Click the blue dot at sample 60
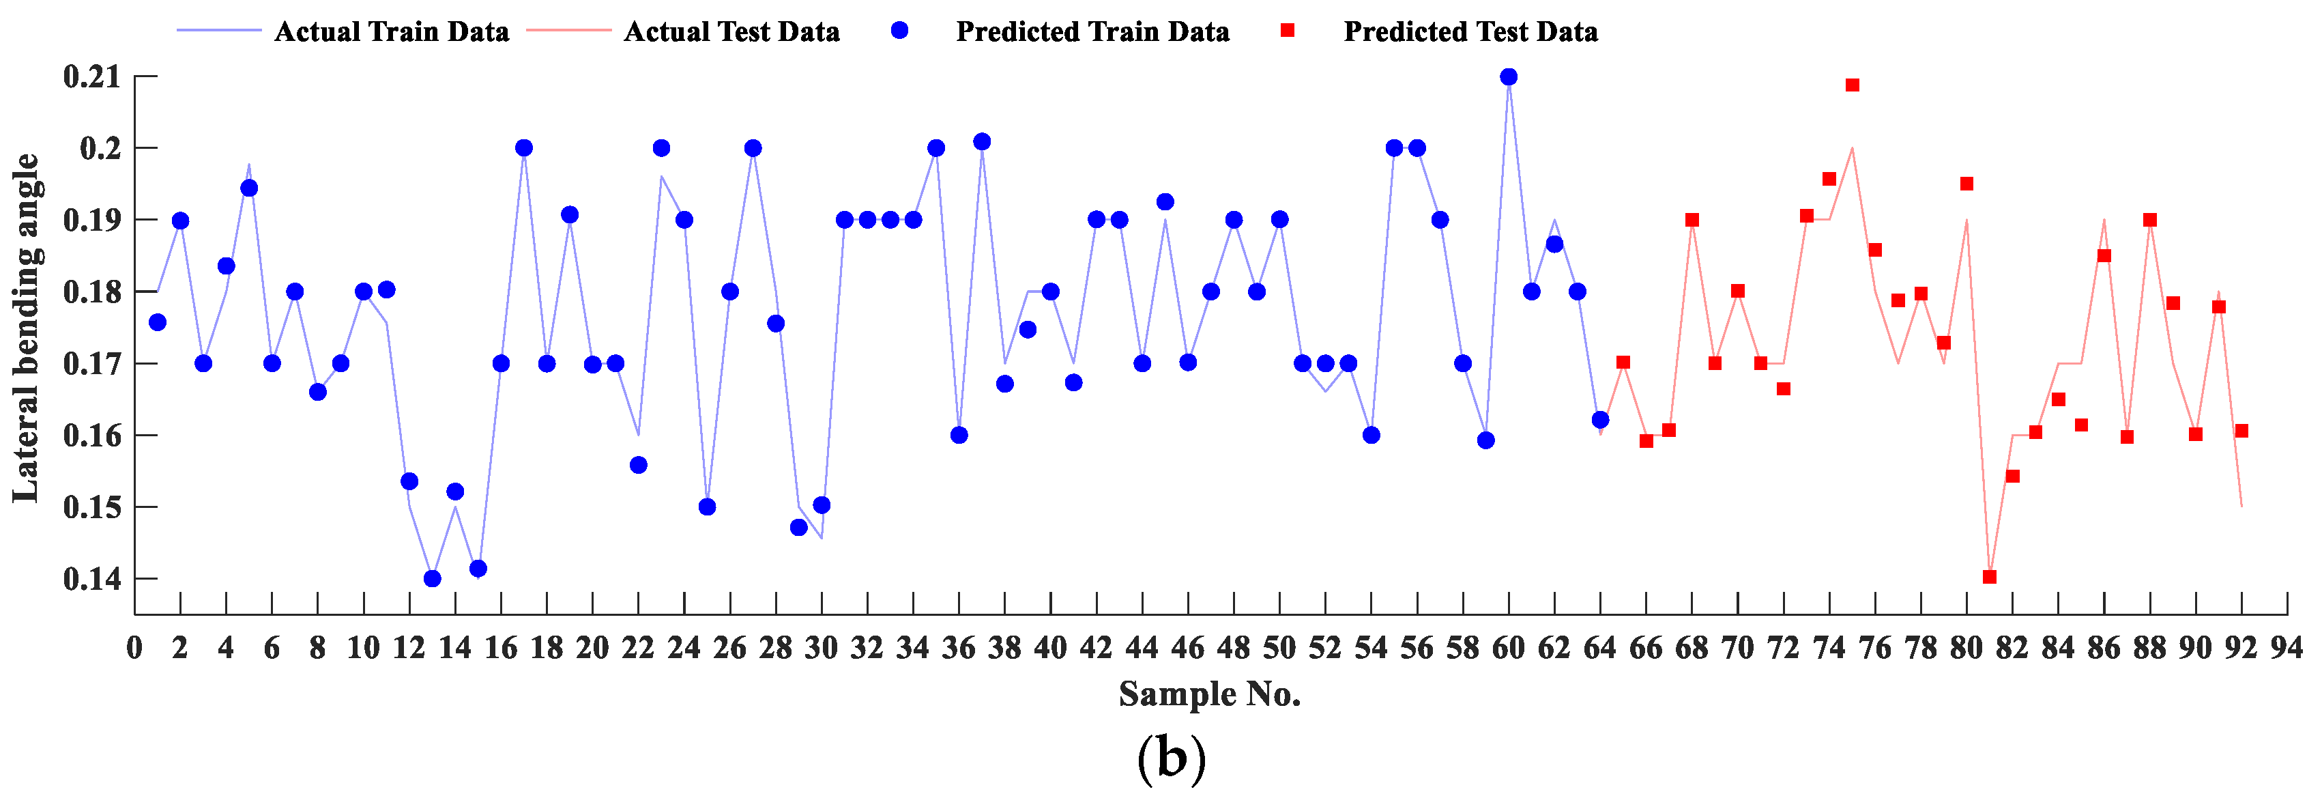point(1508,76)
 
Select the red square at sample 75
point(1853,85)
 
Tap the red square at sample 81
point(1990,577)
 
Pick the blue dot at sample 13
point(432,579)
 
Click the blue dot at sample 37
point(982,141)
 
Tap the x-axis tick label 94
point(2287,648)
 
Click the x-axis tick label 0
point(134,648)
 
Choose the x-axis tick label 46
point(1188,648)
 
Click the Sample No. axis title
point(1210,694)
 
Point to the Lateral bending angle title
point(25,328)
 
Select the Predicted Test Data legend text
point(1470,31)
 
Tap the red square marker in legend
point(1288,31)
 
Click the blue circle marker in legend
point(899,31)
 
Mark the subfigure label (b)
point(1170,758)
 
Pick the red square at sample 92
point(2241,431)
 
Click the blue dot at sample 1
point(158,322)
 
